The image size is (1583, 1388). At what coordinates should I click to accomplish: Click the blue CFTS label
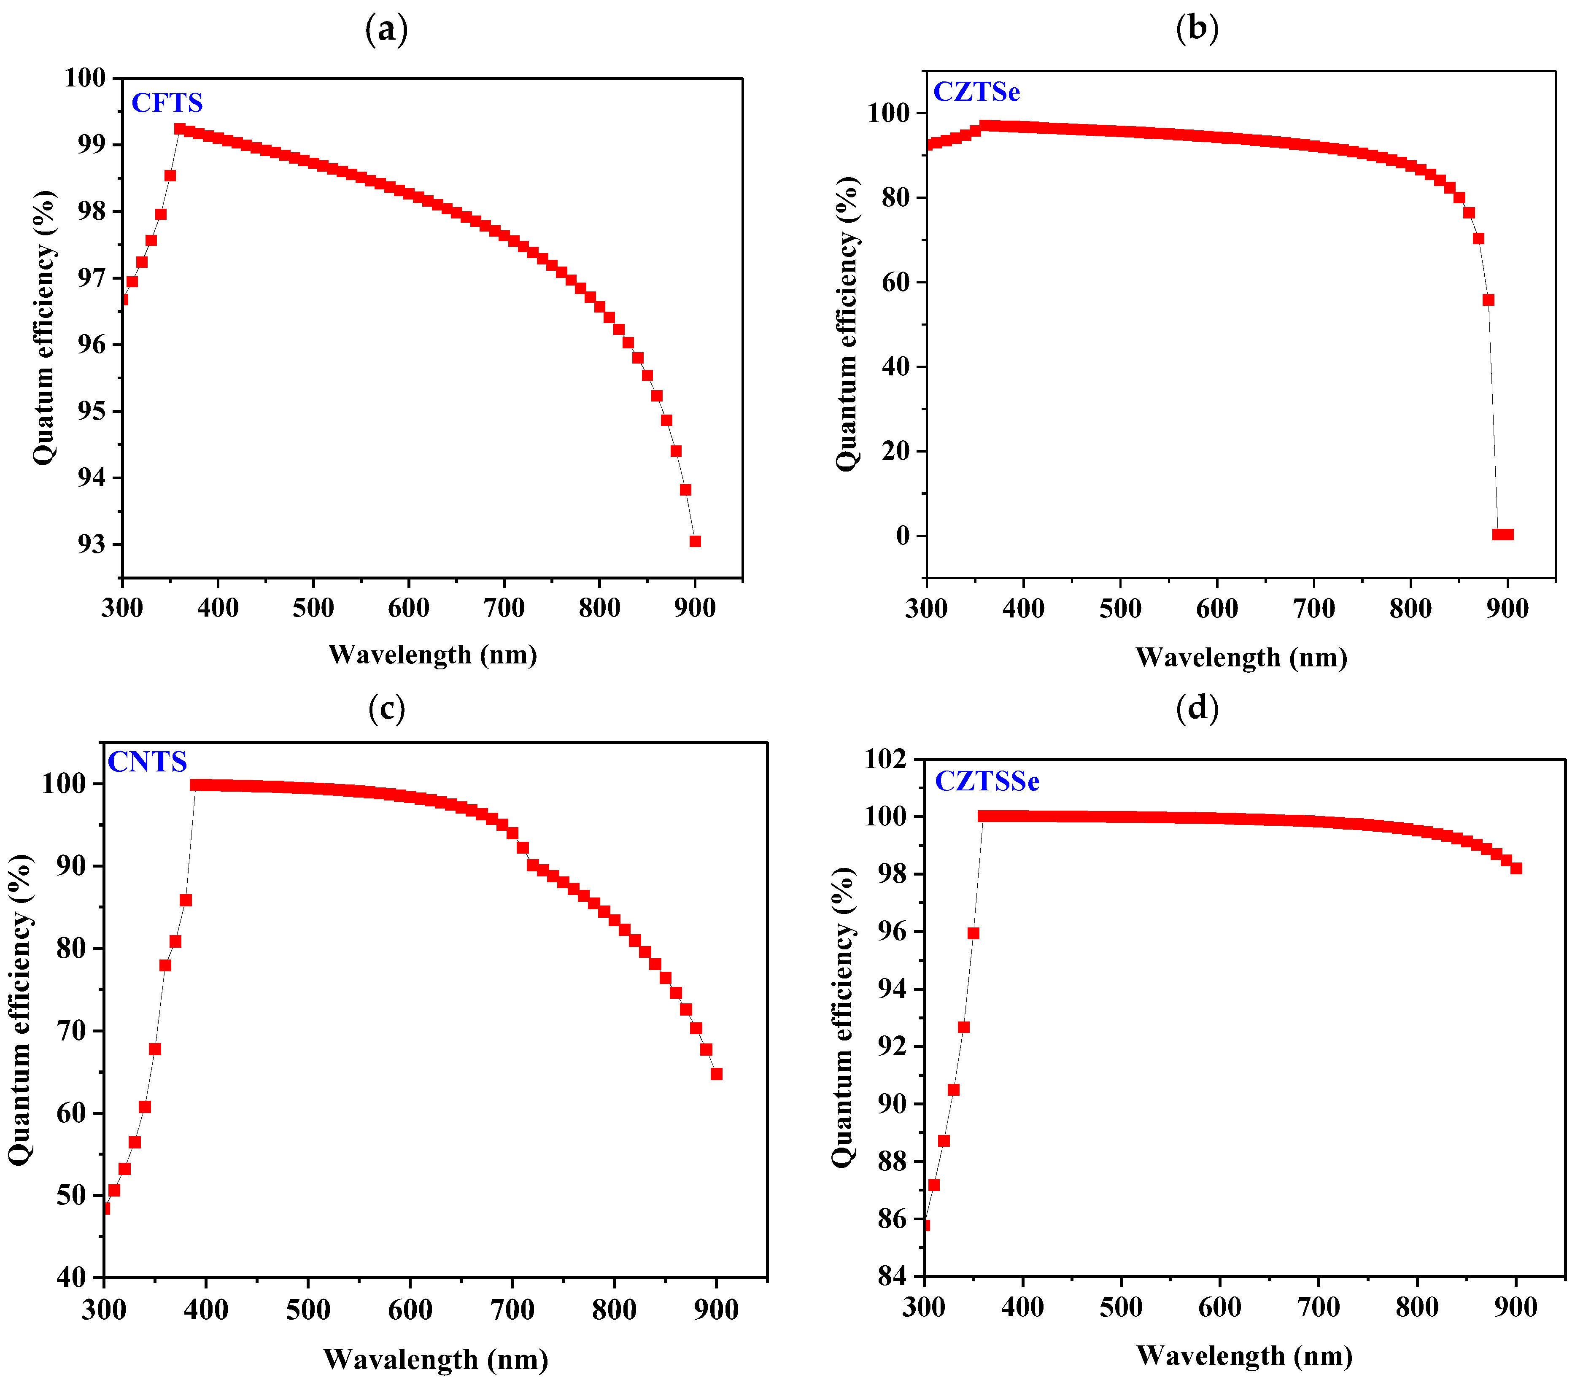pyautogui.click(x=167, y=103)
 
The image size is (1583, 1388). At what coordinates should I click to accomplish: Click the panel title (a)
pyautogui.click(x=386, y=30)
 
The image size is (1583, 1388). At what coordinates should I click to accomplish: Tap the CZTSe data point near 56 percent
pyautogui.click(x=1488, y=300)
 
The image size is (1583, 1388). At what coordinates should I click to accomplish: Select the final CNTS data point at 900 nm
pyautogui.click(x=716, y=1073)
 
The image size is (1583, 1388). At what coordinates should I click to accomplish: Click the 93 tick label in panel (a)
pyautogui.click(x=91, y=544)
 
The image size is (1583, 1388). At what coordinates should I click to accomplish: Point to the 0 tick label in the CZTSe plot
pyautogui.click(x=903, y=535)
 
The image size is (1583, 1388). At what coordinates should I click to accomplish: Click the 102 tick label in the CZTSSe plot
pyautogui.click(x=885, y=759)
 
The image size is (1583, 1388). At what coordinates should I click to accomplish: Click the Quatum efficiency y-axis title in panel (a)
pyautogui.click(x=44, y=327)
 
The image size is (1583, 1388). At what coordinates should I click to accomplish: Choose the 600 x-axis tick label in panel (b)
pyautogui.click(x=1217, y=608)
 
